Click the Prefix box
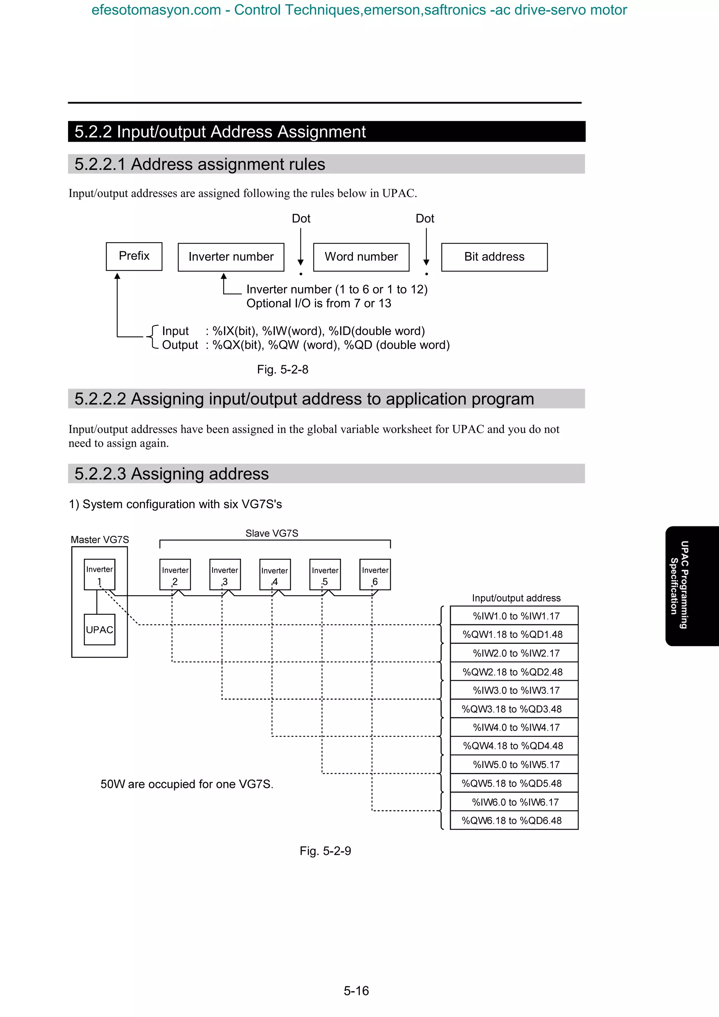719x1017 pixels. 134,256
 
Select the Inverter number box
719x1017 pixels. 231,257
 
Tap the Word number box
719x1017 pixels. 361,257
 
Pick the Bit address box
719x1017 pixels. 494,257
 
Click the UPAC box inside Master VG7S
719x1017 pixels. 100,630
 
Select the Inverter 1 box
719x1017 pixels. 100,574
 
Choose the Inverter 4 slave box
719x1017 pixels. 275,574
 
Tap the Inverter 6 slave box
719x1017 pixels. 375,574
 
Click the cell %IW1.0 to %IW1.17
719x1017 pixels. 514,616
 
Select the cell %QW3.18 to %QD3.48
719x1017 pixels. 514,709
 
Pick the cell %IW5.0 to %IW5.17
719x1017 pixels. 514,765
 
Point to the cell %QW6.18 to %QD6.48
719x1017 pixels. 514,820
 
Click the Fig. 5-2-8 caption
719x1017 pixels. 283,370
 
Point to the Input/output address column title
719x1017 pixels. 516,598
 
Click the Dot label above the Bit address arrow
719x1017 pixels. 424,218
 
